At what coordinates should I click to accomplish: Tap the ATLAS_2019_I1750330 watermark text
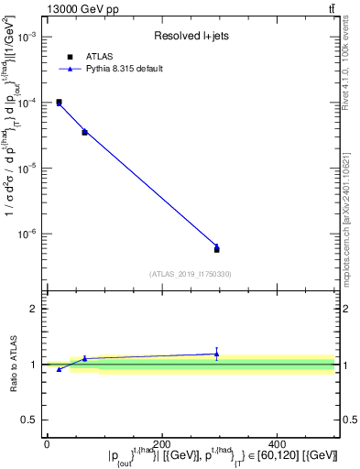191,274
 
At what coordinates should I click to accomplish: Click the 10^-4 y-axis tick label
28,103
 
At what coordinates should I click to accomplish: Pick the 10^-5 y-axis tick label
28,169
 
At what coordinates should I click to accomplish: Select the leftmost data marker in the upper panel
59,103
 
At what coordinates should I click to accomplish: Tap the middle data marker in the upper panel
84,132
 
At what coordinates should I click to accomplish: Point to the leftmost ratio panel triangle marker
59,369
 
